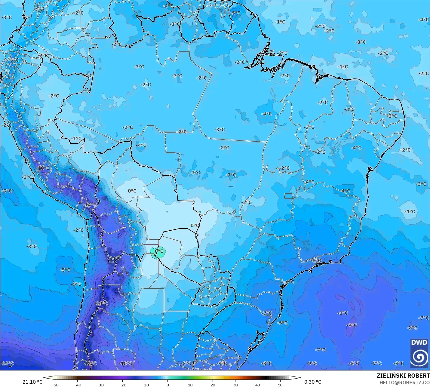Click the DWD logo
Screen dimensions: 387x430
[419, 352]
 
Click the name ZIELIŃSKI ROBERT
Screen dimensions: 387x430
[403, 376]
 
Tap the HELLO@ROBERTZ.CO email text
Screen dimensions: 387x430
[404, 382]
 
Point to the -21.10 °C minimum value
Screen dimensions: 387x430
[31, 382]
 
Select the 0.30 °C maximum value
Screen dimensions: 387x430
[313, 382]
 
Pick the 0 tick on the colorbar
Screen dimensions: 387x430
[168, 385]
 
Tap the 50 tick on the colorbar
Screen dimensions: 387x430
[280, 385]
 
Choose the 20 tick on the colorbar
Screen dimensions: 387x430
[213, 385]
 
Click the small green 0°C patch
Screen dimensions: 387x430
[158, 251]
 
